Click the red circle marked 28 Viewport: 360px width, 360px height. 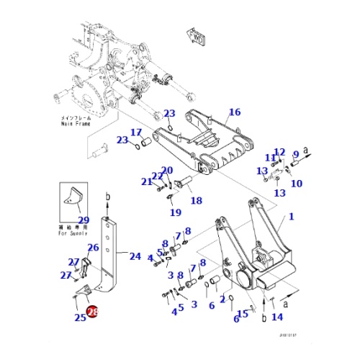click(92, 312)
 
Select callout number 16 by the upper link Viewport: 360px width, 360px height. click(235, 112)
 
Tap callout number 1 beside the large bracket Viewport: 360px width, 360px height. click(292, 216)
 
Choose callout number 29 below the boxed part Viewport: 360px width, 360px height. click(83, 220)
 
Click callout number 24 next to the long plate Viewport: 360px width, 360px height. click(135, 256)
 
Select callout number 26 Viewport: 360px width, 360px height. click(93, 248)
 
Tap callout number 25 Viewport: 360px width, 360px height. click(79, 318)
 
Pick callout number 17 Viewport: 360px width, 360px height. click(135, 132)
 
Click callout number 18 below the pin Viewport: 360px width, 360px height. click(196, 201)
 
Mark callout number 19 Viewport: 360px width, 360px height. click(174, 212)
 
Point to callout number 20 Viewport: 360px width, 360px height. click(167, 171)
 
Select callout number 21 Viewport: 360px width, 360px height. click(147, 181)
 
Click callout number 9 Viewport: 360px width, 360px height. click(295, 154)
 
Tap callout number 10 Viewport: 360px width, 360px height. click(297, 184)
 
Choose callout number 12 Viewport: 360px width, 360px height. click(279, 152)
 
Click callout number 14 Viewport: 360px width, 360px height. click(277, 316)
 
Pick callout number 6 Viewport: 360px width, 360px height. click(212, 306)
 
